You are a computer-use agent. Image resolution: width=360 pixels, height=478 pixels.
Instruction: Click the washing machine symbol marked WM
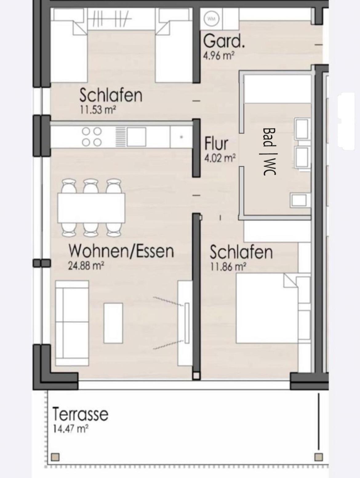click(211, 19)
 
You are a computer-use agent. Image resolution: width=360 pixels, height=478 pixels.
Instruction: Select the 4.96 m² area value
click(219, 56)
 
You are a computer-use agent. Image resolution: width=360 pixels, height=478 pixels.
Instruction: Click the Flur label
click(217, 143)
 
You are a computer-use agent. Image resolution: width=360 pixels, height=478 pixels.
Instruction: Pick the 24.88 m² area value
click(86, 265)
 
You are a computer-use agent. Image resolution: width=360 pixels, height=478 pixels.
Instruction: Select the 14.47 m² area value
click(71, 428)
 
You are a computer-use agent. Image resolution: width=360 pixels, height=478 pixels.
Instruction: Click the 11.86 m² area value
click(228, 266)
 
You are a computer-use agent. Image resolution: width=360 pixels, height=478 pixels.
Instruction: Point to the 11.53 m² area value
click(98, 110)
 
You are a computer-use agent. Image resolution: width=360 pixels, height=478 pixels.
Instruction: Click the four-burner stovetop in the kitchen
click(92, 137)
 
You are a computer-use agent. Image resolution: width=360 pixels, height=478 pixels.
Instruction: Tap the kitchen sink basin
click(136, 137)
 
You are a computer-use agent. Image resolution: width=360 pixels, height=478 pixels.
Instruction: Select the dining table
click(91, 208)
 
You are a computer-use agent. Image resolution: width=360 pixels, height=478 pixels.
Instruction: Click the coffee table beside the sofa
click(113, 323)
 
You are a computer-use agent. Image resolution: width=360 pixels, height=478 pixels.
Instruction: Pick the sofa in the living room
click(72, 323)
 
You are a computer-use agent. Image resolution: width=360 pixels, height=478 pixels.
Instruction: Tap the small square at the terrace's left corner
click(55, 457)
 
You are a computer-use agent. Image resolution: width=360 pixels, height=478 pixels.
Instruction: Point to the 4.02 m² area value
click(220, 158)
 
